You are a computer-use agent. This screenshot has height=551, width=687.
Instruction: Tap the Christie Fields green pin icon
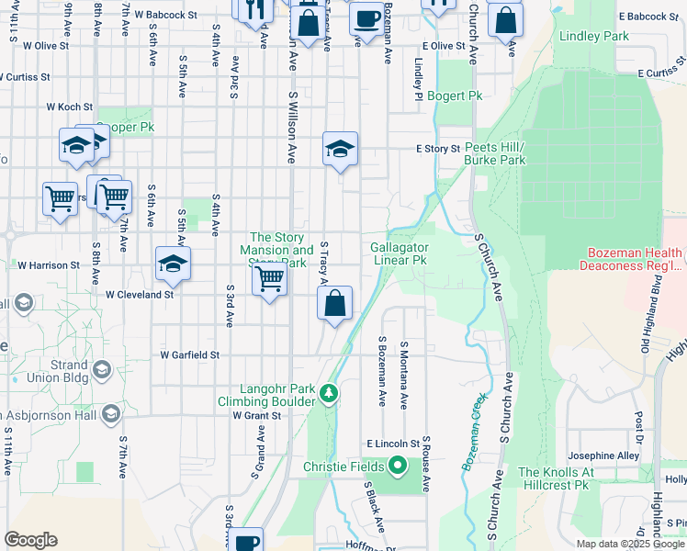click(x=398, y=467)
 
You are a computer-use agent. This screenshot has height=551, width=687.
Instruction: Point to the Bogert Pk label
click(x=462, y=96)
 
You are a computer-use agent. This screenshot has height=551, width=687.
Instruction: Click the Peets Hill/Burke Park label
click(x=495, y=153)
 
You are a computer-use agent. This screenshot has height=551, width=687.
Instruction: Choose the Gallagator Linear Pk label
click(x=400, y=253)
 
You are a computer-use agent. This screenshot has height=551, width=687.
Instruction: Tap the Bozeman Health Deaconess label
click(x=631, y=260)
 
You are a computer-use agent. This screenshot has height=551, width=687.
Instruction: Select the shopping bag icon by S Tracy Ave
click(x=335, y=304)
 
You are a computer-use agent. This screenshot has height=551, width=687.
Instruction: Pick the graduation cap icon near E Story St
click(x=340, y=150)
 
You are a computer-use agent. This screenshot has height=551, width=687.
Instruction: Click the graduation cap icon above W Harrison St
click(x=173, y=265)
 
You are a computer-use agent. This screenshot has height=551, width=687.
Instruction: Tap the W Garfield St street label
click(x=190, y=354)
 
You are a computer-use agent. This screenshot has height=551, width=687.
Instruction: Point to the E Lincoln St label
click(x=392, y=444)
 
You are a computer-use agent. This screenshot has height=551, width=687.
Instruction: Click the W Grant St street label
click(x=255, y=415)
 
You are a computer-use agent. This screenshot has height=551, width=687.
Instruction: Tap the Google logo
click(x=31, y=540)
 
